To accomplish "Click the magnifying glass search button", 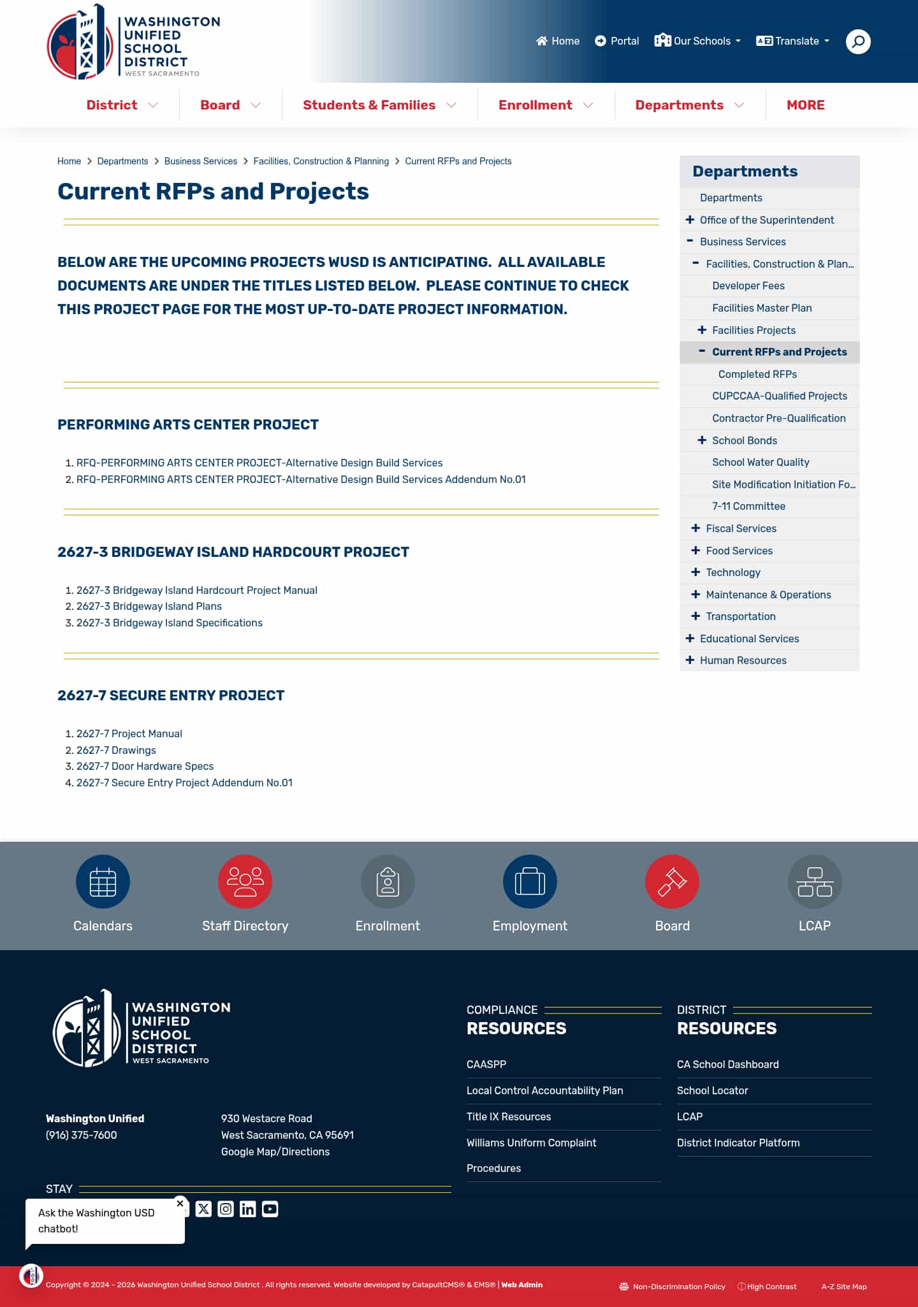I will tap(858, 41).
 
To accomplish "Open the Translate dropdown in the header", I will tap(793, 41).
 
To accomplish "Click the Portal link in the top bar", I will tap(616, 41).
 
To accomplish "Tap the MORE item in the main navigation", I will tap(805, 105).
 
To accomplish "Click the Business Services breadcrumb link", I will tap(200, 161).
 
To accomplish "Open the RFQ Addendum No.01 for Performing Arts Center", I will tap(301, 479).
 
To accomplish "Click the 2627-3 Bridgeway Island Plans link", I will tap(149, 606).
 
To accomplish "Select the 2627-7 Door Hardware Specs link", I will tap(145, 766).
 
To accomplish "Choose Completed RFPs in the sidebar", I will tap(757, 374).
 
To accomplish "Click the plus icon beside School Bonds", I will tap(702, 440).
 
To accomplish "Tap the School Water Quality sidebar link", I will tap(761, 462).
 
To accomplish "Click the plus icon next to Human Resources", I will tap(690, 660).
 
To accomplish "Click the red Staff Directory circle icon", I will tap(245, 881).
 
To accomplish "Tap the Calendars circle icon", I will tap(103, 881).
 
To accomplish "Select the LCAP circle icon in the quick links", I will tap(814, 881).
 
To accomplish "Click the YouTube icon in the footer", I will tap(270, 1209).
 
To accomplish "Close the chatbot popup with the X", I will tap(180, 1203).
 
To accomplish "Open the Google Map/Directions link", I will tap(275, 1152).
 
